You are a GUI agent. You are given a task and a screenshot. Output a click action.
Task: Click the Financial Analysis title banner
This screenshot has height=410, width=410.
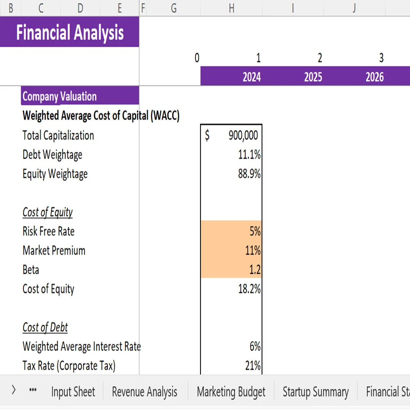pos(70,32)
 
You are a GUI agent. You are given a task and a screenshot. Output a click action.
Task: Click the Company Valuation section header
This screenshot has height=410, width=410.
pos(60,97)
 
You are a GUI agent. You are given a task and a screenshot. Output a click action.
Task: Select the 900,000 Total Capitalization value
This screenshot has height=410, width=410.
pos(243,136)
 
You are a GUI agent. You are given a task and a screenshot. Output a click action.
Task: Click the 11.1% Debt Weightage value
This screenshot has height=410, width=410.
pos(249,155)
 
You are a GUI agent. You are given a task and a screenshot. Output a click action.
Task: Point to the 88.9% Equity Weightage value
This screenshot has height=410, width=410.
pos(249,174)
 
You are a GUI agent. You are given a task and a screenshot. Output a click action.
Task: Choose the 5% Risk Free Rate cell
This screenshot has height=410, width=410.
pos(255,232)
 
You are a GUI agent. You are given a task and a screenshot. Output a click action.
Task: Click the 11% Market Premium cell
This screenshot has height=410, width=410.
pos(253,251)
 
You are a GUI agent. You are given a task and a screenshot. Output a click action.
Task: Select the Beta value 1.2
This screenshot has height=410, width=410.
pos(254,270)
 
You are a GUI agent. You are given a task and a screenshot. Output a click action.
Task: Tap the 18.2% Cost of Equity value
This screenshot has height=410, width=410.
pos(249,289)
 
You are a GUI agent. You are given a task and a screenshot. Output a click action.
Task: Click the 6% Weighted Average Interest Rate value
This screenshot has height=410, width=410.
pos(255,347)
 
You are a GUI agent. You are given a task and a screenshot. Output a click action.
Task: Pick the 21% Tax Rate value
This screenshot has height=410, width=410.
pos(253,366)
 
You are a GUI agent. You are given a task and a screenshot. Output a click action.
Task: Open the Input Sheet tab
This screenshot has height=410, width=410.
pos(73,392)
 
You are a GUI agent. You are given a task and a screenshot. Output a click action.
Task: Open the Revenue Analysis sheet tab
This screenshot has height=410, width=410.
pos(145,392)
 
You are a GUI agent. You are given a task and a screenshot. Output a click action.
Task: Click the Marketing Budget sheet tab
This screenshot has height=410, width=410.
pos(231,392)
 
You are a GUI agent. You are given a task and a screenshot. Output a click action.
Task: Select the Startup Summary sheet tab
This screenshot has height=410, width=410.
pos(315,392)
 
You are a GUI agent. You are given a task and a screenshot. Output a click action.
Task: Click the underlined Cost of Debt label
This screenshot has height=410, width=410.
pos(45,328)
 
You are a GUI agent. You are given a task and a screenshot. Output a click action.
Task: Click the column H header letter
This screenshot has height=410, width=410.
pos(231,8)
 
